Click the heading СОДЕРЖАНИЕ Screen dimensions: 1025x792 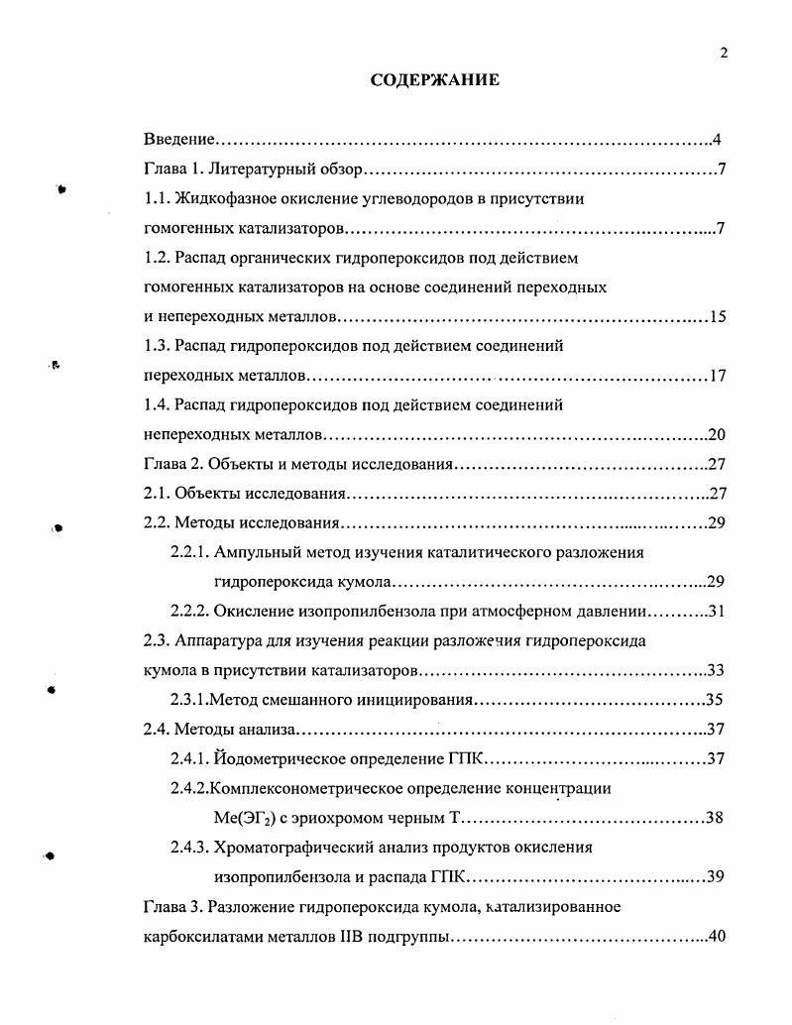(435, 80)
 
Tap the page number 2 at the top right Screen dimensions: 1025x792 (724, 54)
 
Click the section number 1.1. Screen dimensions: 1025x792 (158, 198)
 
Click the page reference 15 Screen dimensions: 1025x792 (719, 317)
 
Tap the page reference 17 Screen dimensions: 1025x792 (719, 377)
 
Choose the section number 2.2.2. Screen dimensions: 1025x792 (190, 611)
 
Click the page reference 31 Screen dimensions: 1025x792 (719, 611)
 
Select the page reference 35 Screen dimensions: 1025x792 (715, 700)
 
